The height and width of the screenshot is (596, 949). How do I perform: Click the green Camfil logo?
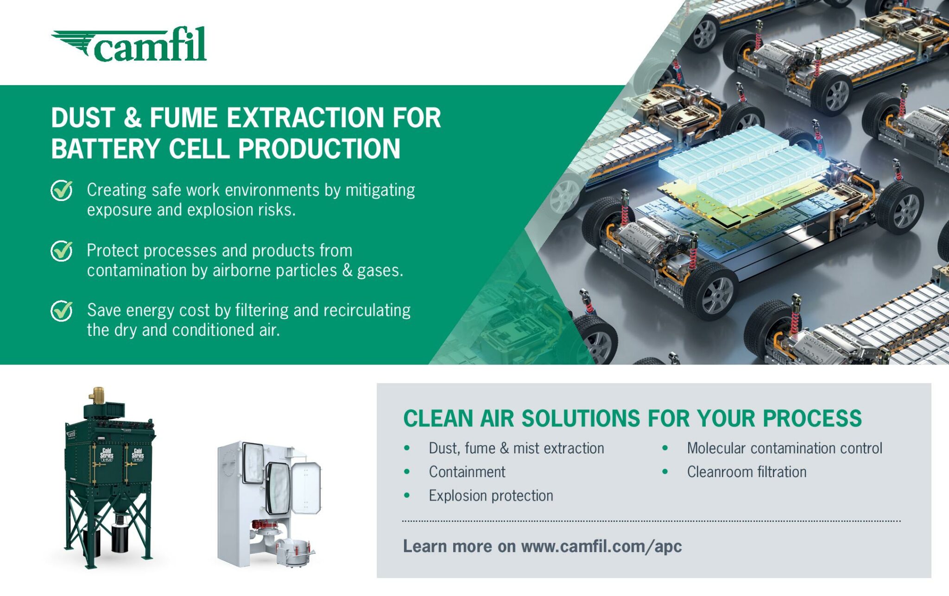129,44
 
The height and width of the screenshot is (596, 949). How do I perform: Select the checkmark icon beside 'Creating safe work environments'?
62,190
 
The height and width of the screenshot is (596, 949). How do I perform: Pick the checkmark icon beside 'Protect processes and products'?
62,251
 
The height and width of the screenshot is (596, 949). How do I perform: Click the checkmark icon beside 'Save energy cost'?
62,311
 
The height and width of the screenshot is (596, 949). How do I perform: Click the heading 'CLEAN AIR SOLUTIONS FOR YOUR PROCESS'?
633,419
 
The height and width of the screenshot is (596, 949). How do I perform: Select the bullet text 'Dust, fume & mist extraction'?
516,448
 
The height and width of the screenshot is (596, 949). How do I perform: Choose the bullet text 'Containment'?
467,472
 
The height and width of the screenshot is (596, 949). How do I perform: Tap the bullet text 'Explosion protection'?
491,496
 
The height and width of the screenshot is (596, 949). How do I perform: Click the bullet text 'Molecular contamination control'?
785,448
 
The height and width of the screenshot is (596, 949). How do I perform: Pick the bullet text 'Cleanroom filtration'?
747,472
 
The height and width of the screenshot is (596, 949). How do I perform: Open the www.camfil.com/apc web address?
601,546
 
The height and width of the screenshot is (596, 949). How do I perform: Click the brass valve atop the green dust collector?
97,395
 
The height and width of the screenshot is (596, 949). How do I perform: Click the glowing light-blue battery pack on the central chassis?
744,164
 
